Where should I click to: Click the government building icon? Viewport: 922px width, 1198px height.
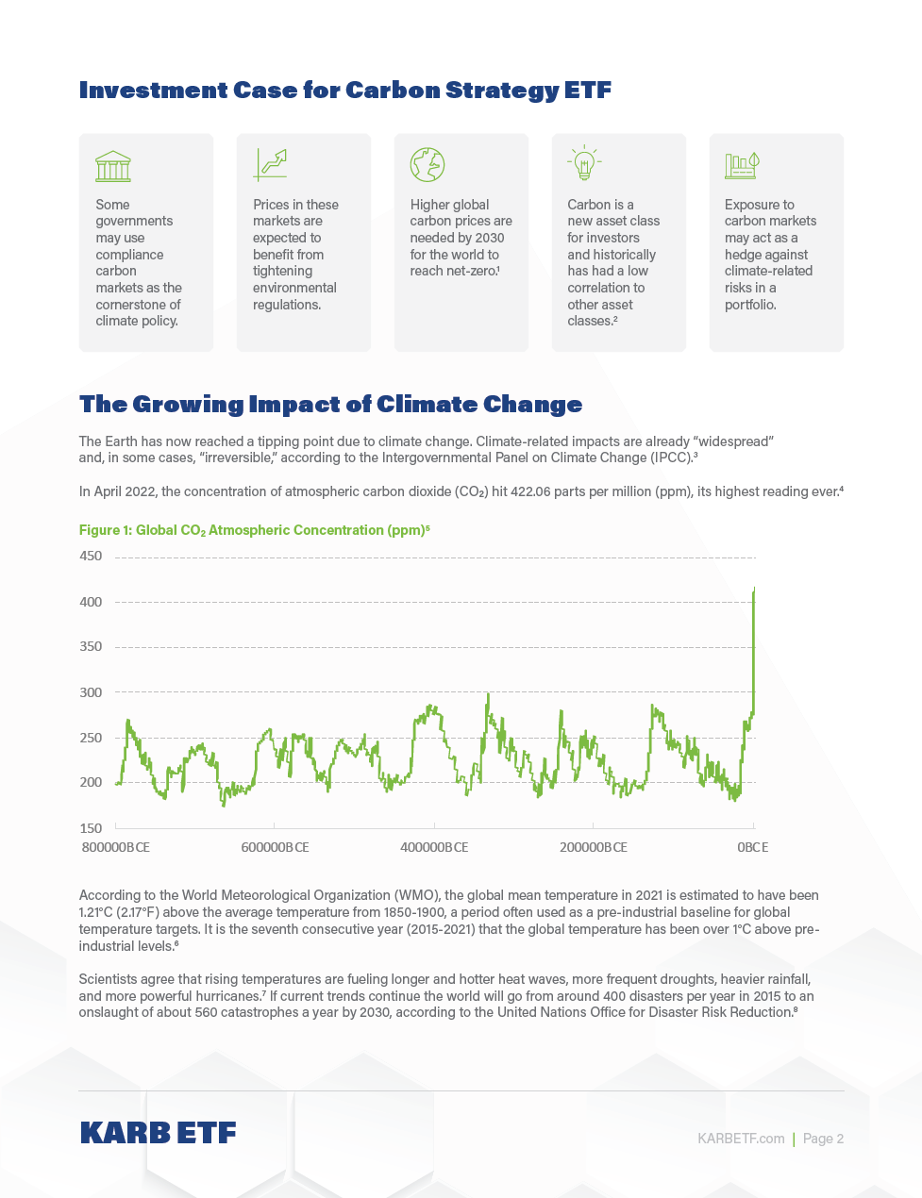coord(113,165)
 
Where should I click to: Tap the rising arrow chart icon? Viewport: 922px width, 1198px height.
coord(270,164)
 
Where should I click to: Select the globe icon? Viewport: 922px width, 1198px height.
coord(427,164)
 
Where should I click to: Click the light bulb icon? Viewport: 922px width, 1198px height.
coord(584,163)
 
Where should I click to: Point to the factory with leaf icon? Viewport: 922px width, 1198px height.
coord(742,165)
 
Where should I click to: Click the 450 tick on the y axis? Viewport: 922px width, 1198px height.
coord(91,557)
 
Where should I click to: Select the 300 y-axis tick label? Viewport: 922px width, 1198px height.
coord(91,692)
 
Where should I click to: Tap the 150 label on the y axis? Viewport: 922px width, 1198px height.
coord(91,828)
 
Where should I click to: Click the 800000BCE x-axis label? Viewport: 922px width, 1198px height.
coord(116,847)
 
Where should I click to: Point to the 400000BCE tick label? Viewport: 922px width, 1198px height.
coord(434,847)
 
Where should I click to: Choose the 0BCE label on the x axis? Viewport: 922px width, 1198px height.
coord(752,847)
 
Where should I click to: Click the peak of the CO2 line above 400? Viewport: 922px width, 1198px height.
coord(754,590)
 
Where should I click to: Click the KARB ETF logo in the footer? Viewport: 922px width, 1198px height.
coord(158,1133)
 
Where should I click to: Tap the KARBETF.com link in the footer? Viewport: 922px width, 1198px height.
coord(741,1139)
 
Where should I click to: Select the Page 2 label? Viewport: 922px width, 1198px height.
coord(823,1139)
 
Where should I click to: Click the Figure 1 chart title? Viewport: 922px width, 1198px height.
coord(254,530)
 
